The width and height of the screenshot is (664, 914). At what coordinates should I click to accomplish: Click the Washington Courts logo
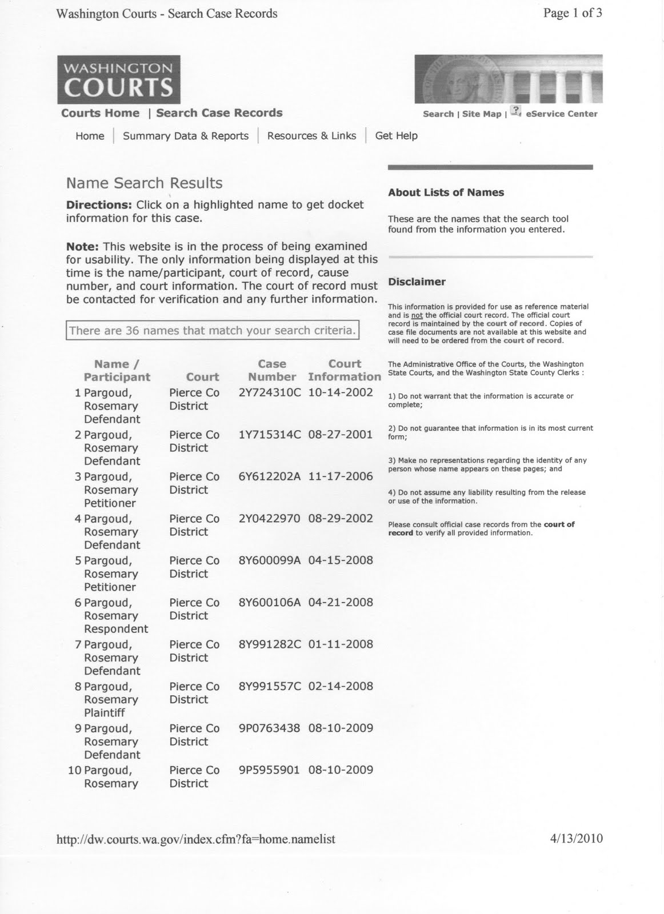(118, 79)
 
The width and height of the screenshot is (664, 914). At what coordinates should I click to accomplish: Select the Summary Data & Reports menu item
(186, 136)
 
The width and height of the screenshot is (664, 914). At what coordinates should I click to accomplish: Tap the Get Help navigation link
(396, 136)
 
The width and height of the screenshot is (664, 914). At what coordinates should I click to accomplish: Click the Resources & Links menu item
(311, 136)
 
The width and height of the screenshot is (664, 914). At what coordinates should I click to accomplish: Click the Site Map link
(481, 114)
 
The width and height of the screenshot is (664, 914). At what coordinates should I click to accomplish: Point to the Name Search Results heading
(144, 183)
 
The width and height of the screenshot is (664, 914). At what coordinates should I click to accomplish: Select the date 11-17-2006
(340, 476)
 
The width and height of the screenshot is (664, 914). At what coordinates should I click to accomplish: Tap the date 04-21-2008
(340, 602)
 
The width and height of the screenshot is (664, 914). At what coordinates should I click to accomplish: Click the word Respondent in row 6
(115, 629)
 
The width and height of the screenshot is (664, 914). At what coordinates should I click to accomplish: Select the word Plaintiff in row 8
(104, 713)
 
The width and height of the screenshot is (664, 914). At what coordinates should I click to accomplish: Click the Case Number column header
(272, 370)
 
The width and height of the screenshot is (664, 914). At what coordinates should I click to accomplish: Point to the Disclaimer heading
(417, 282)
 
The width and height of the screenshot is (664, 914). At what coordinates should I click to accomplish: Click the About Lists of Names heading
(446, 193)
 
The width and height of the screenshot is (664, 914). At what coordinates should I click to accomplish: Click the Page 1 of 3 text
(572, 13)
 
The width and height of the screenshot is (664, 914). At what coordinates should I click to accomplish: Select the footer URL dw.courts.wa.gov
(195, 839)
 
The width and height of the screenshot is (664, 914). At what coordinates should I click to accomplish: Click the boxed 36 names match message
(212, 330)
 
